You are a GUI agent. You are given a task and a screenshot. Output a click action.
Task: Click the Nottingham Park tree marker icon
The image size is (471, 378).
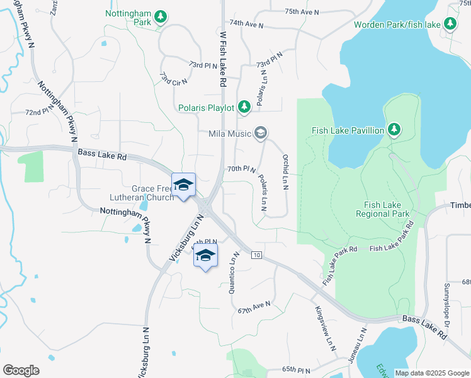click(161, 16)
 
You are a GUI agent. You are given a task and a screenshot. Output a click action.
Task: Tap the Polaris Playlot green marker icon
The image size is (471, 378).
click(244, 108)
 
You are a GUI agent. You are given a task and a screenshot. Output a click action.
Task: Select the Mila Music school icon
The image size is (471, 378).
click(261, 133)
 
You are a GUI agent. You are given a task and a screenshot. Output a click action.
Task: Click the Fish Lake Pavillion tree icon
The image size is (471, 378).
click(394, 130)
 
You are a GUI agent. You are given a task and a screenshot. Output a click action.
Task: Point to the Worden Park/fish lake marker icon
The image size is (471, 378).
click(450, 24)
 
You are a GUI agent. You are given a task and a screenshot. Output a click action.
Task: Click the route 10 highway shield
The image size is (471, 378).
click(256, 255)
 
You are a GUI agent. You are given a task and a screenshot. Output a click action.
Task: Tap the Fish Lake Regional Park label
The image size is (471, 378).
click(387, 209)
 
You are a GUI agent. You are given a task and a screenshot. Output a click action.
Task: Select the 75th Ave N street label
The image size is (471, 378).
click(302, 11)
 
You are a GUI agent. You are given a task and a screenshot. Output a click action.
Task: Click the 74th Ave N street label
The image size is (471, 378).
click(246, 24)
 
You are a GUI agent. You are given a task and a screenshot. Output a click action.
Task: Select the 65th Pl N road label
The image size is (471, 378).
click(297, 369)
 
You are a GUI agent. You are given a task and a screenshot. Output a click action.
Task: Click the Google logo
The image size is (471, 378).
click(21, 370)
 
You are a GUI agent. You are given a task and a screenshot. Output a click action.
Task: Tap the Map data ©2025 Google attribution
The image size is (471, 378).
click(431, 373)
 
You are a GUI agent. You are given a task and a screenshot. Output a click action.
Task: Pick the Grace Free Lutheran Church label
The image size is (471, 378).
click(152, 193)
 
